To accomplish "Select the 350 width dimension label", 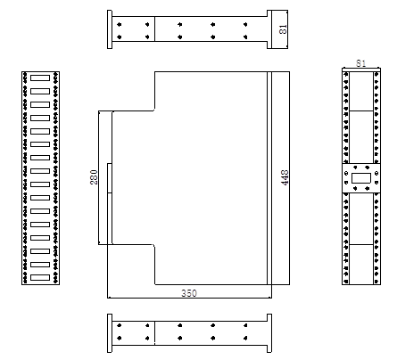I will point(189,292).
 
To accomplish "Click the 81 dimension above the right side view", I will point(360,63).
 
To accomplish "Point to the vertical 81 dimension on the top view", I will point(284,29).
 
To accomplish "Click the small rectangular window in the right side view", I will point(361,177).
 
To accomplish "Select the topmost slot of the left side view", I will point(40,78).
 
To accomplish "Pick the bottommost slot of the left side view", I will point(40,278).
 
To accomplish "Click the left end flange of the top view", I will point(110,29).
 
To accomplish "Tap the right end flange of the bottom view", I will point(270,333).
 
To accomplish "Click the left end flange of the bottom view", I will point(110,333).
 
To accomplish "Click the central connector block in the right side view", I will point(361,176).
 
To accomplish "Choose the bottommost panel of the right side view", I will point(361,264).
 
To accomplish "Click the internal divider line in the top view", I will point(155,29).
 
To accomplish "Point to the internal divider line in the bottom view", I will point(155,333).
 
